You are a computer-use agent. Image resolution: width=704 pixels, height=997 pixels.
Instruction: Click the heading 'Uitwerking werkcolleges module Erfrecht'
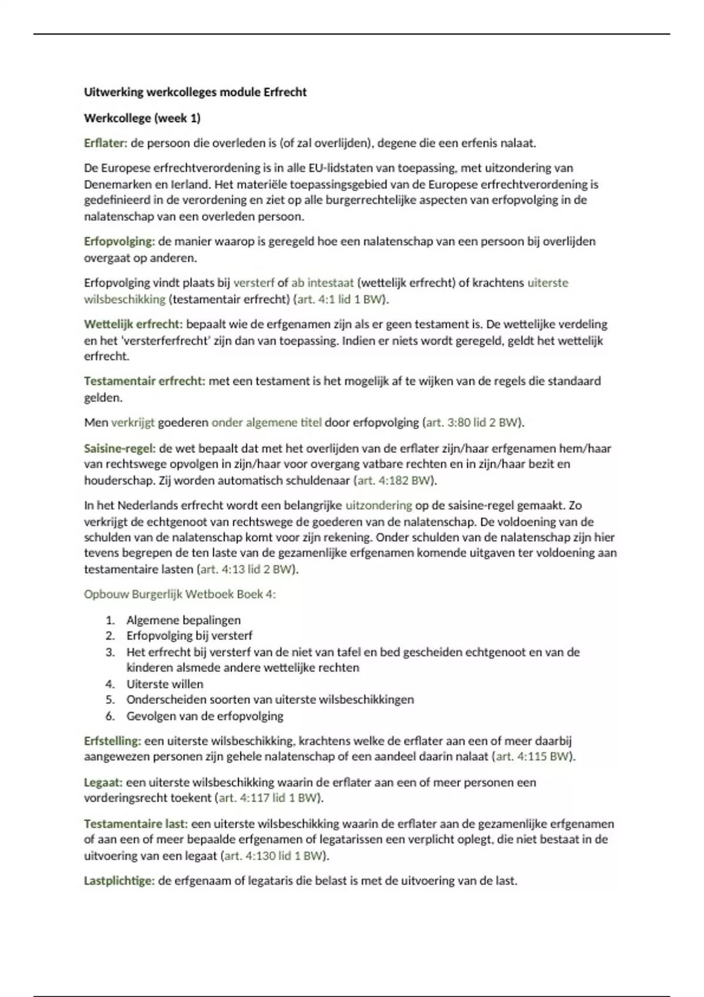pyautogui.click(x=195, y=92)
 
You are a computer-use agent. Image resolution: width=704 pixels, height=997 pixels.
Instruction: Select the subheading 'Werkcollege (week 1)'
pyautogui.click(x=142, y=118)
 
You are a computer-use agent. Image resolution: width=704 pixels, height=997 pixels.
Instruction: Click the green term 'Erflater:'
pyautogui.click(x=106, y=143)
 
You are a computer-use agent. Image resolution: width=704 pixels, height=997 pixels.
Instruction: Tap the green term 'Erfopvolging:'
pyautogui.click(x=119, y=242)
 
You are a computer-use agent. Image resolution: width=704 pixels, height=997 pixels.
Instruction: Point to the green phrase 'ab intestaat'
pyautogui.click(x=322, y=283)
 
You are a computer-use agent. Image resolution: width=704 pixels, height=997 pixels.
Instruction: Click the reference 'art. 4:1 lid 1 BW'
pyautogui.click(x=340, y=299)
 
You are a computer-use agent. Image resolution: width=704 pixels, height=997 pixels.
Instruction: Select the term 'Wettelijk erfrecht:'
pyautogui.click(x=133, y=324)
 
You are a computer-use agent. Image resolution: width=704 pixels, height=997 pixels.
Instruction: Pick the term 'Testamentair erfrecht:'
pyautogui.click(x=144, y=381)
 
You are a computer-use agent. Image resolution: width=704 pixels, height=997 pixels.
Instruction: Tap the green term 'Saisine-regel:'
pyautogui.click(x=120, y=449)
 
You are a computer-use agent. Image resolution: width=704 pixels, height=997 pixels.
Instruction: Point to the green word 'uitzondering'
pyautogui.click(x=378, y=506)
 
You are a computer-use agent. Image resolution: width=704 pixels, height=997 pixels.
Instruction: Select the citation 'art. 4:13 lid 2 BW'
pyautogui.click(x=246, y=569)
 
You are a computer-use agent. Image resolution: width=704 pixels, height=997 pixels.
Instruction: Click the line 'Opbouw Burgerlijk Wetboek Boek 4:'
pyautogui.click(x=180, y=594)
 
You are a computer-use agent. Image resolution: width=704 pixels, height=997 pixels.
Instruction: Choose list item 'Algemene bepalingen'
pyautogui.click(x=183, y=620)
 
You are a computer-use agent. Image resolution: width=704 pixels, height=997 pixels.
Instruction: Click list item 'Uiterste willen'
pyautogui.click(x=164, y=684)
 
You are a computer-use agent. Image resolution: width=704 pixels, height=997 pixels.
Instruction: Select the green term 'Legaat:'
pyautogui.click(x=103, y=782)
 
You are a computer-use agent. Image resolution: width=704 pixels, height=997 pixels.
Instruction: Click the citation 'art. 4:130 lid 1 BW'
pyautogui.click(x=273, y=856)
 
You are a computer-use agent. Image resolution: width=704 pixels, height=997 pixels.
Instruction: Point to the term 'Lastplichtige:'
pyautogui.click(x=119, y=881)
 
